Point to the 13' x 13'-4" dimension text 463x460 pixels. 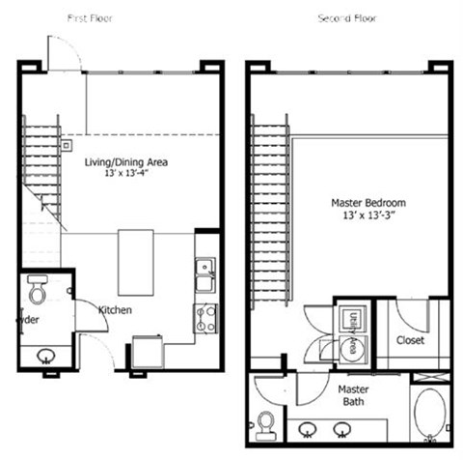click(x=126, y=175)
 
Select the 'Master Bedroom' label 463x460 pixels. click(x=368, y=203)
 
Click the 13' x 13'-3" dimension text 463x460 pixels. click(x=368, y=216)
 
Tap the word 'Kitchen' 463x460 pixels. click(x=115, y=309)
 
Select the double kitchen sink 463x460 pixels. click(x=204, y=275)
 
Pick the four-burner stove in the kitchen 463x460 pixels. click(x=205, y=318)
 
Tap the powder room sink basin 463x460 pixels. click(x=46, y=356)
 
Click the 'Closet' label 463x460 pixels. click(x=411, y=340)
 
